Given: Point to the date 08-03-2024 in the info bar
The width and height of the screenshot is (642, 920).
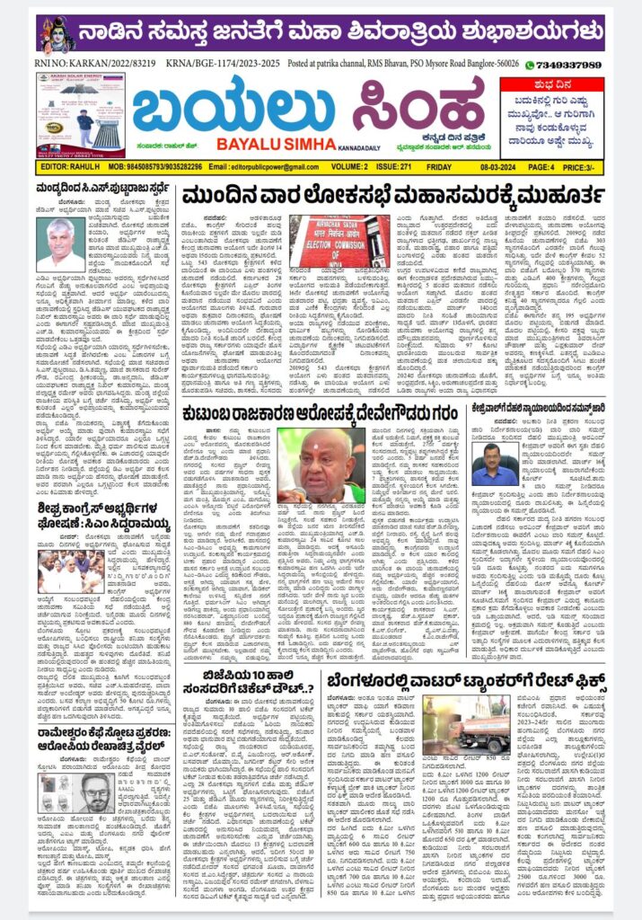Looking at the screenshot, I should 510,166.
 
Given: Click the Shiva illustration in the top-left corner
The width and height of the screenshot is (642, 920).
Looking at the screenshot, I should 56,34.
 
